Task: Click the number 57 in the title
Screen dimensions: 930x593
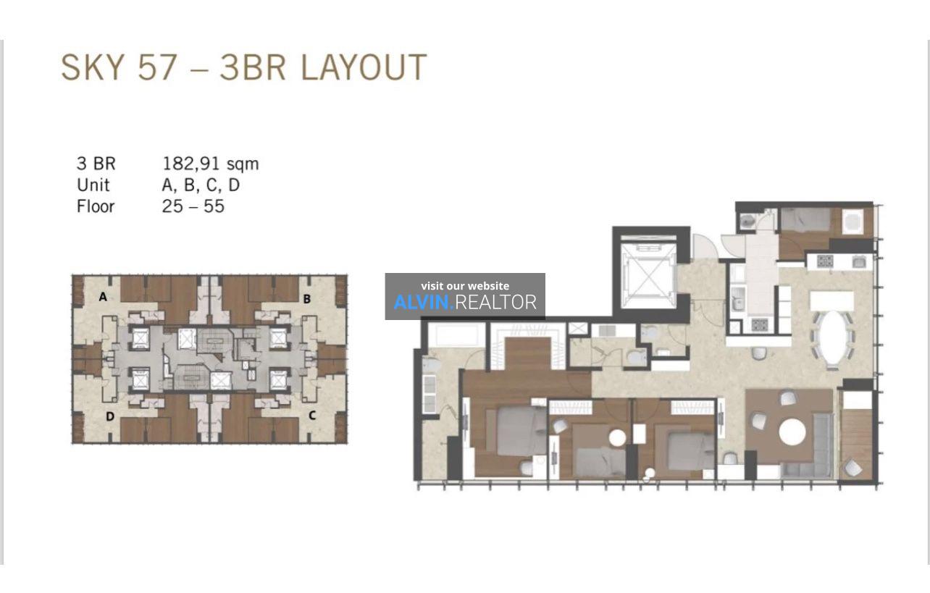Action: [157, 67]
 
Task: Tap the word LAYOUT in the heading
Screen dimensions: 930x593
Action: [364, 67]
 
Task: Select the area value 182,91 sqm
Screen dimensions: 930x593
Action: [211, 164]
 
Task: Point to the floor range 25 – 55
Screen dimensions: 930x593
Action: [193, 206]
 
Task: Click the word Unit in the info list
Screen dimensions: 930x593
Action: [93, 185]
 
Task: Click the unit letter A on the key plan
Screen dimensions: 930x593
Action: [103, 297]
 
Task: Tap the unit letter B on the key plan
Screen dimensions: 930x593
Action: [307, 299]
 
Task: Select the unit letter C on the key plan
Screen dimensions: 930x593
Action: [312, 415]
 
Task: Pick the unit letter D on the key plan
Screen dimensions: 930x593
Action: [110, 416]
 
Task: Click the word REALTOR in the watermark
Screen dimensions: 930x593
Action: [495, 303]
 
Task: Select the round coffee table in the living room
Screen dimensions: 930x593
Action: [792, 432]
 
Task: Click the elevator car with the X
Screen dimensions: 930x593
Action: [648, 277]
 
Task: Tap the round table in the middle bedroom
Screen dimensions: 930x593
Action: [617, 438]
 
